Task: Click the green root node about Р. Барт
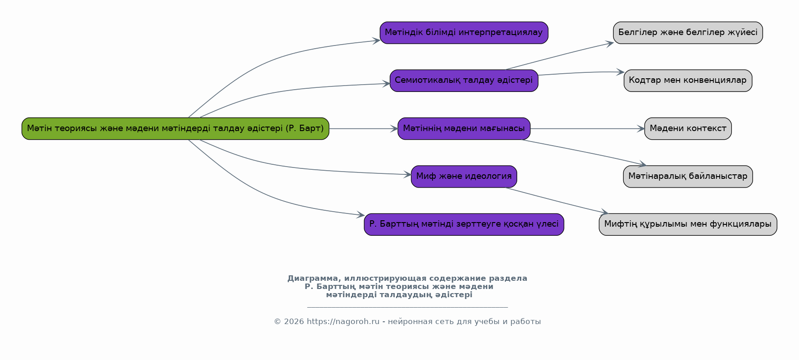pos(175,129)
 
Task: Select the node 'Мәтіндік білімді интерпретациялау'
pos(464,33)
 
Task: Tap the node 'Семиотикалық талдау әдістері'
pos(464,81)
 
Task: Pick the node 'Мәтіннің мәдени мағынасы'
pos(464,129)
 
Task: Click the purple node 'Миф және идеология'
pos(464,177)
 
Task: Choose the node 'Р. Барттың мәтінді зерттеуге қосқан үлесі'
pos(464,224)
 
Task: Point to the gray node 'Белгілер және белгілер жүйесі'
pos(688,33)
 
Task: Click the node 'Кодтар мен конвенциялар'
pos(688,81)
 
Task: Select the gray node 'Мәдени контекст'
pos(688,129)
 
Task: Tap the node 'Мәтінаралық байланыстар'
pos(688,177)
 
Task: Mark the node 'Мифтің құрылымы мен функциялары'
pos(688,224)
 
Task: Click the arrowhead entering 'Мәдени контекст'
pos(641,129)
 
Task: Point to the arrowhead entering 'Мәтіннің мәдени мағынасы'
pos(394,129)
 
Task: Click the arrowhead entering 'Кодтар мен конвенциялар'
pos(620,72)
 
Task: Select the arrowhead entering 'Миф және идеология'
pos(407,174)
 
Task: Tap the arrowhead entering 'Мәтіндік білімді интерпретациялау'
pos(376,41)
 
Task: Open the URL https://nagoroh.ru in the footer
pos(343,322)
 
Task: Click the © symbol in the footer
pos(277,322)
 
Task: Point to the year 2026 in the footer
pos(294,322)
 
